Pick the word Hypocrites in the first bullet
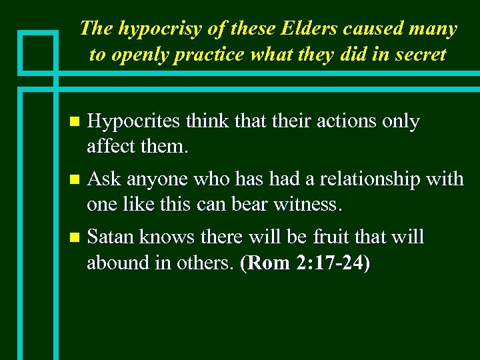pyautogui.click(x=134, y=122)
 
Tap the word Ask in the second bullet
pyautogui.click(x=104, y=179)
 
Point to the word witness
pyautogui.click(x=310, y=205)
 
